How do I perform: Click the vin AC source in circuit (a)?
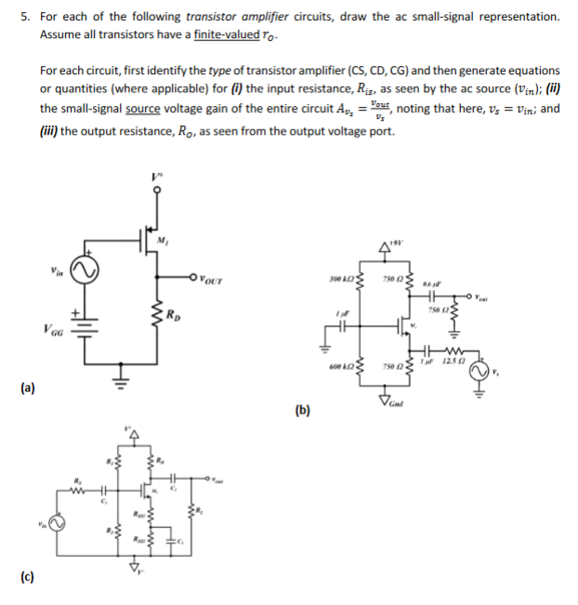[92, 270]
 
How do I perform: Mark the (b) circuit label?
[302, 408]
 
